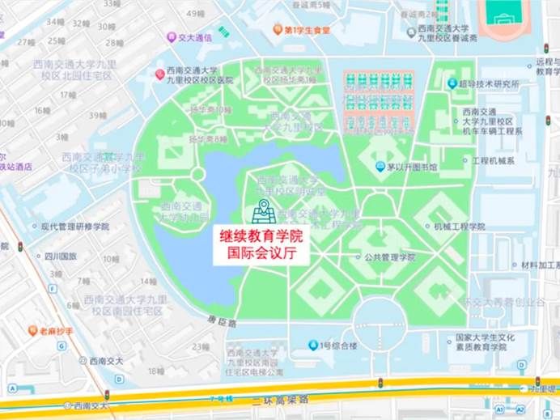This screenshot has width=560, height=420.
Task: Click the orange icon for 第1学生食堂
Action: point(278,30)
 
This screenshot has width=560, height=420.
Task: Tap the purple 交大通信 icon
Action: point(171,37)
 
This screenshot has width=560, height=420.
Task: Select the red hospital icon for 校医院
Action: point(160,74)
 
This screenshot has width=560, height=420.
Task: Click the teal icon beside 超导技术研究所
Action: point(452,83)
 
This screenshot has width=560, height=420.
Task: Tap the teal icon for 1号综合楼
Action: point(314,346)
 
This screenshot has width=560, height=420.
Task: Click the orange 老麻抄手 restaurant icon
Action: point(33,330)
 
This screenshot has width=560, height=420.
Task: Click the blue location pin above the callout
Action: point(262,210)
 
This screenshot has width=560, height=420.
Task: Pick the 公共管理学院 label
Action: point(389,257)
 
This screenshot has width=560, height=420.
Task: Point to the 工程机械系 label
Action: point(493,160)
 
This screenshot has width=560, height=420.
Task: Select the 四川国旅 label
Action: point(61,257)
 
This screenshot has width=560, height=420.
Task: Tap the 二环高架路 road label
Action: point(280,400)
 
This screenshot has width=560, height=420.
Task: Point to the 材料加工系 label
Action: point(539,265)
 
